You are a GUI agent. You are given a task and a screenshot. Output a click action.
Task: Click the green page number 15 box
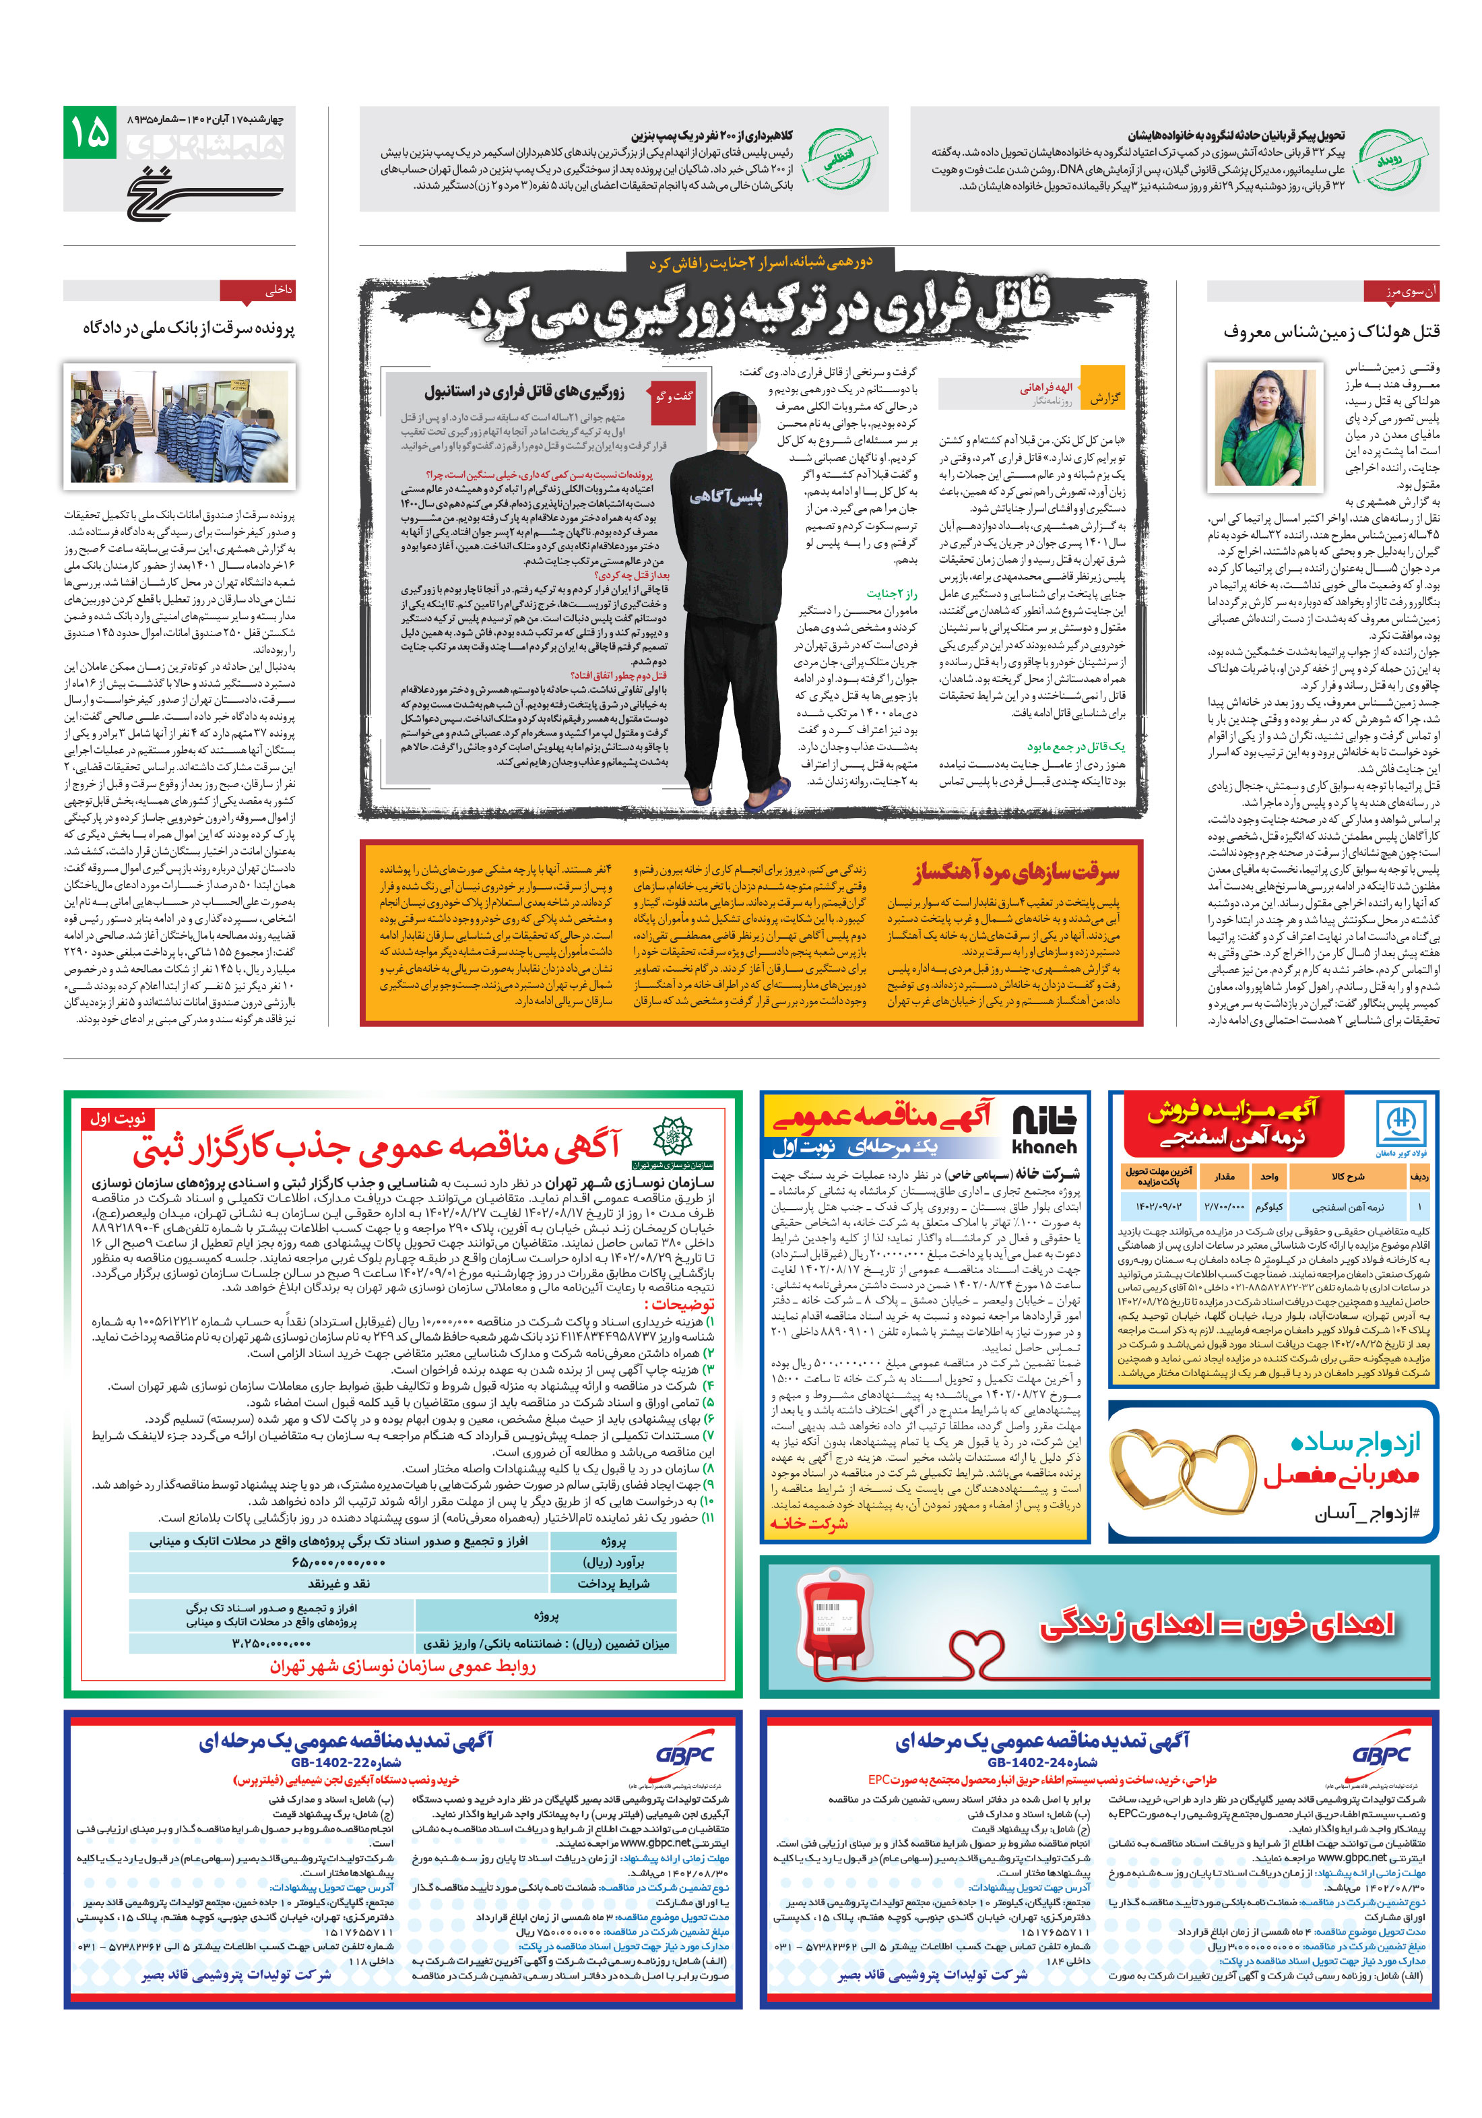[x=90, y=133]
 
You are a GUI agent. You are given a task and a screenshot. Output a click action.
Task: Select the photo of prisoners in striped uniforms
[x=179, y=425]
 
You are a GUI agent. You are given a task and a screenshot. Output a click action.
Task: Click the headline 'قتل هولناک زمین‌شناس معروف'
[x=1330, y=330]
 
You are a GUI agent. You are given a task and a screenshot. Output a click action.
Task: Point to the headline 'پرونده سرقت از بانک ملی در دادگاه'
[x=188, y=328]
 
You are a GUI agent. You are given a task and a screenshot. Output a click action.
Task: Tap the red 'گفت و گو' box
[x=673, y=398]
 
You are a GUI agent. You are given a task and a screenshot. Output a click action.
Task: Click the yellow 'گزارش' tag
[x=1103, y=398]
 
